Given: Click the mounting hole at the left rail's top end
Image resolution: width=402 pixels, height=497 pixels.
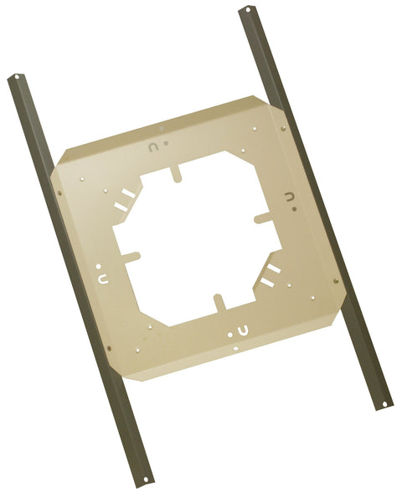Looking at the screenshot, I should (17, 82).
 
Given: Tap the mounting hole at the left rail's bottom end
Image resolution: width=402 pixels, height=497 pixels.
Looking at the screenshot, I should (147, 479).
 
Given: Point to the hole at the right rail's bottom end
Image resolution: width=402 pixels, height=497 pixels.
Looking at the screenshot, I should (384, 406).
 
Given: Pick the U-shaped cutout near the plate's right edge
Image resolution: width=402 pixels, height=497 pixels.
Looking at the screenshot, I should (290, 197).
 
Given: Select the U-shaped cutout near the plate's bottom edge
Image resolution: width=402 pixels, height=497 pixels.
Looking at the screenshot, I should (240, 328).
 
